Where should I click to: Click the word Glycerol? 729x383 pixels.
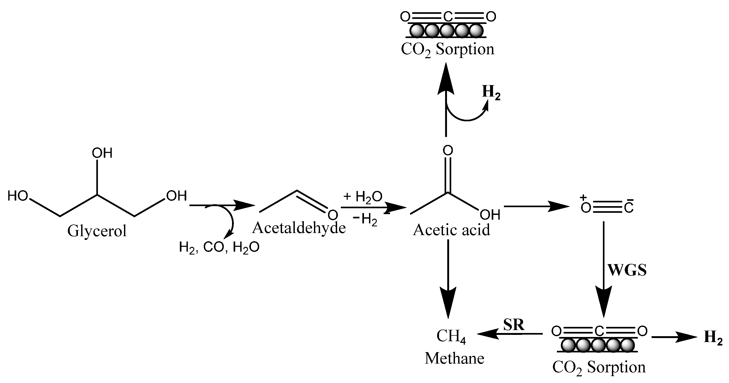[97, 231]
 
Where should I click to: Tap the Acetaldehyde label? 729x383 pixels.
[299, 228]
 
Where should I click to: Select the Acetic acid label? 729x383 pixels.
[452, 230]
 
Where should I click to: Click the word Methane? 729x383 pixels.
[454, 358]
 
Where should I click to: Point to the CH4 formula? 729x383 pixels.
[451, 337]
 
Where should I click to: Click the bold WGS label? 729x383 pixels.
[627, 270]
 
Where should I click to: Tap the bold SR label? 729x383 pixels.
[514, 325]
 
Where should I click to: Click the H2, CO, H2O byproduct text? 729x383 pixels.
[219, 248]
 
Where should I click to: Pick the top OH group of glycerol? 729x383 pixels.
[102, 153]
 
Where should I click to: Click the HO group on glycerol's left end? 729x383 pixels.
[18, 196]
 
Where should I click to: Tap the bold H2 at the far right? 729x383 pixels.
[713, 338]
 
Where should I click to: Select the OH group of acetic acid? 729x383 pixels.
[490, 215]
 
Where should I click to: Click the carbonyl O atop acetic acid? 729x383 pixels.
[448, 150]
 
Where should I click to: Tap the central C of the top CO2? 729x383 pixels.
[448, 17]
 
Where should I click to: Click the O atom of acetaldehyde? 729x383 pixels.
[333, 215]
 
